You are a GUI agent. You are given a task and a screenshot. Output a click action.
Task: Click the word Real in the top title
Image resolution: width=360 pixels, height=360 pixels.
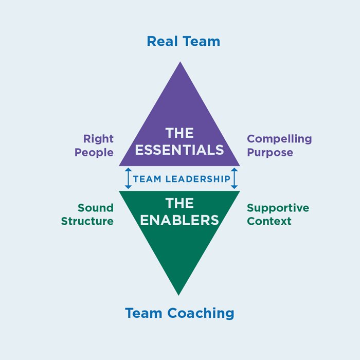(x=161, y=41)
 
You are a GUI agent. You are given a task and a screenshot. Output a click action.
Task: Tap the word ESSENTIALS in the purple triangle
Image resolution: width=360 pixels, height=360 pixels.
(x=179, y=150)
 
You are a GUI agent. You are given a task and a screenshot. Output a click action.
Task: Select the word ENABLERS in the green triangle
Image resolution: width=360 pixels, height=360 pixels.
(x=179, y=220)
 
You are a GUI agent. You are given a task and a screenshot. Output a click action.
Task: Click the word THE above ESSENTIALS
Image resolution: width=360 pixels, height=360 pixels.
(x=179, y=133)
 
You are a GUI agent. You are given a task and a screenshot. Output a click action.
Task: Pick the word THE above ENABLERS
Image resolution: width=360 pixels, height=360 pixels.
(x=179, y=203)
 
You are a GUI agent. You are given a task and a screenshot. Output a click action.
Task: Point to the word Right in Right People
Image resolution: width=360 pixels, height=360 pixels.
(x=98, y=139)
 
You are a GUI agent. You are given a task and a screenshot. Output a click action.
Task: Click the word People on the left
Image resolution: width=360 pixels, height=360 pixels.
(x=94, y=153)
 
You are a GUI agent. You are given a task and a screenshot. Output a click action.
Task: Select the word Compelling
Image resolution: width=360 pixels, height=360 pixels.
(x=279, y=139)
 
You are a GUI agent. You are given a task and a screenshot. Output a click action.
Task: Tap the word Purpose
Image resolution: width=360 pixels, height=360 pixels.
(x=270, y=153)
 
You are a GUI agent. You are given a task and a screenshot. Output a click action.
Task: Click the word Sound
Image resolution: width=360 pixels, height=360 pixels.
(x=95, y=208)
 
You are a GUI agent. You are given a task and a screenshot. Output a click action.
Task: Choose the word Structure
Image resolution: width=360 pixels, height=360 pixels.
(x=87, y=222)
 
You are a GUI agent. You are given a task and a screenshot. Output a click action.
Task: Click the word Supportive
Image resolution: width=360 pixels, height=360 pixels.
(x=278, y=208)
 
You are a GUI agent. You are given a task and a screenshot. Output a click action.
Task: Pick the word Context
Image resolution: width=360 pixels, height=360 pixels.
(x=269, y=222)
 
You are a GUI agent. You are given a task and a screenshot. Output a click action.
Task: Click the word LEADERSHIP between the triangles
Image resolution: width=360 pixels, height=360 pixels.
(x=197, y=179)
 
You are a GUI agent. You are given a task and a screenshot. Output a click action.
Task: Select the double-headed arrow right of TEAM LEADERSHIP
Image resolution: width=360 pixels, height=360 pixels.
(x=235, y=178)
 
